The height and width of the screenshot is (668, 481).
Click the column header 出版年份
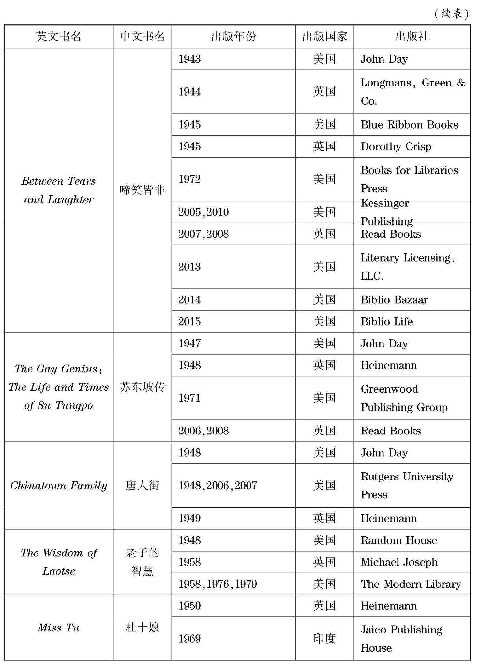click(x=233, y=36)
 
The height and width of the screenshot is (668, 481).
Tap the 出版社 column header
click(x=412, y=36)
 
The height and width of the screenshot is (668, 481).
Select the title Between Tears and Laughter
click(x=59, y=190)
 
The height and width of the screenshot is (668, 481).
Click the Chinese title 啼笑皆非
click(x=142, y=190)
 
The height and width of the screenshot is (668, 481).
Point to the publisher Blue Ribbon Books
click(x=409, y=125)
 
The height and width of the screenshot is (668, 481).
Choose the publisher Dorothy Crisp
click(x=396, y=146)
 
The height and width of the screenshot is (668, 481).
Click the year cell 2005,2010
click(x=203, y=212)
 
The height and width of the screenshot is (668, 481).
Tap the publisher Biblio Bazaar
click(x=394, y=300)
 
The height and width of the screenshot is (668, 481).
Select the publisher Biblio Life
click(x=386, y=322)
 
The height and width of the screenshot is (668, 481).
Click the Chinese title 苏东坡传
click(x=142, y=387)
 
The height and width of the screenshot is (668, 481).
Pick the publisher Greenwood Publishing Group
click(x=404, y=398)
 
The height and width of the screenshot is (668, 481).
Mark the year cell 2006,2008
click(x=203, y=431)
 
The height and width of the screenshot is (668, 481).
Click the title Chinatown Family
click(x=59, y=486)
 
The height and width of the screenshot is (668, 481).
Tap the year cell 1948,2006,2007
click(x=218, y=486)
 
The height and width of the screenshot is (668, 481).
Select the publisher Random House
click(x=398, y=540)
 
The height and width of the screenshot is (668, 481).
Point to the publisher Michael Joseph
click(x=399, y=562)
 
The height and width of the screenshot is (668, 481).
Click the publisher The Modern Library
click(x=411, y=584)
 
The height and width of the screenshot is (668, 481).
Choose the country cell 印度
click(x=324, y=639)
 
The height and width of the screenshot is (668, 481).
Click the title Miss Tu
click(x=59, y=628)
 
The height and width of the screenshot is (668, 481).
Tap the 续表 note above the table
click(x=452, y=14)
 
